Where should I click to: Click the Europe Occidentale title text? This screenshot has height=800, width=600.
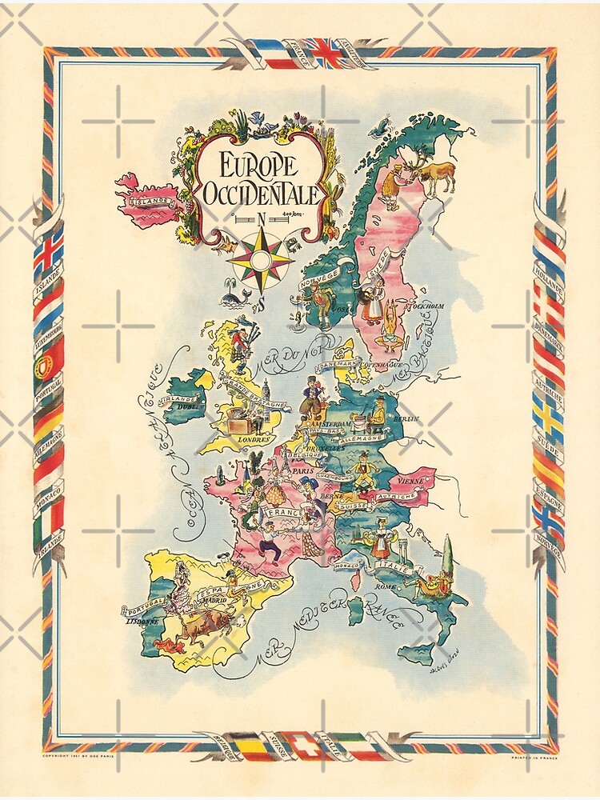tap(260, 179)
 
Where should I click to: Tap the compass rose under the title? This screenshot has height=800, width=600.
tap(260, 259)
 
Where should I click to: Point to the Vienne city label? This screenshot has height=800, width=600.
tap(410, 482)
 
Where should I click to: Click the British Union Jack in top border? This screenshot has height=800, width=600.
tap(326, 53)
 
